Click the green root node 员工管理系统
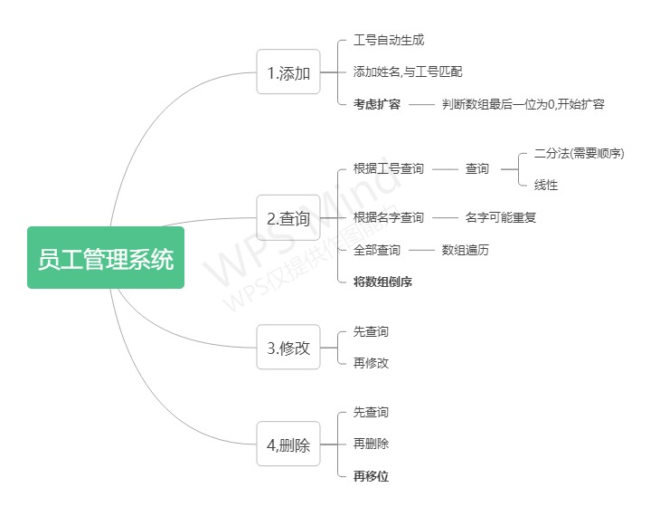[106, 258]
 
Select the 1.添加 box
[288, 72]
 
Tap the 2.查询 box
[288, 218]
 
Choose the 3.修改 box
[288, 347]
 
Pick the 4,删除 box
[288, 444]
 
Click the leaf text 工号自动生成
[389, 41]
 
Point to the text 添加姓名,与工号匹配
[408, 72]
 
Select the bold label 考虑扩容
[377, 104]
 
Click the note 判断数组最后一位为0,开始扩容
[523, 104]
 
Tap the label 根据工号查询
[389, 169]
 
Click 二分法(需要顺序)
[580, 153]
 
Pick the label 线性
[546, 185]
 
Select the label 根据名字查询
[389, 217]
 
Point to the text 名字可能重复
[502, 217]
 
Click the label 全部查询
[377, 250]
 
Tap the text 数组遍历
[466, 250]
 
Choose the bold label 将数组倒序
[383, 282]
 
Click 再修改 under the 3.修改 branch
[372, 363]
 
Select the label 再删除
[372, 444]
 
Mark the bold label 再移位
[372, 475]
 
